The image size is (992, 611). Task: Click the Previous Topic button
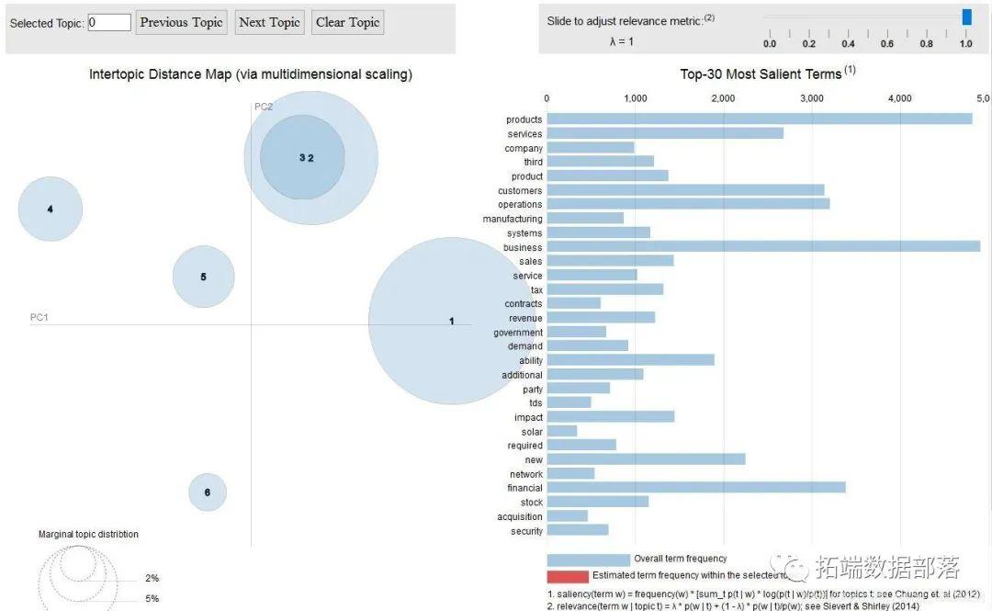click(182, 22)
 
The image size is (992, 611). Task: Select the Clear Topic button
click(347, 22)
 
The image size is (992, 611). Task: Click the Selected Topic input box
click(109, 22)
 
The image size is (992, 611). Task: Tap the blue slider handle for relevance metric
click(966, 17)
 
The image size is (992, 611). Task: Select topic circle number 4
click(51, 209)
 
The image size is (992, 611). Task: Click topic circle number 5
click(204, 277)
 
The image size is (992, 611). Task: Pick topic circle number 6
click(208, 492)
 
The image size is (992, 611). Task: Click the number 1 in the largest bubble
click(451, 321)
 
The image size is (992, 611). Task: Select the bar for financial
click(695, 488)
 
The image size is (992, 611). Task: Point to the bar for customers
click(685, 190)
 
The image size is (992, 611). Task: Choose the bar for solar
click(561, 431)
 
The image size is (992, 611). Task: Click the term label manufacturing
click(513, 219)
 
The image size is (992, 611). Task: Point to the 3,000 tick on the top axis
click(811, 97)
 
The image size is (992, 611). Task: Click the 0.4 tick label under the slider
click(848, 43)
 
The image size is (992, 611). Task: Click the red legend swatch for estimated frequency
click(567, 576)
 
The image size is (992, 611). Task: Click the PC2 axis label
click(264, 107)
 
